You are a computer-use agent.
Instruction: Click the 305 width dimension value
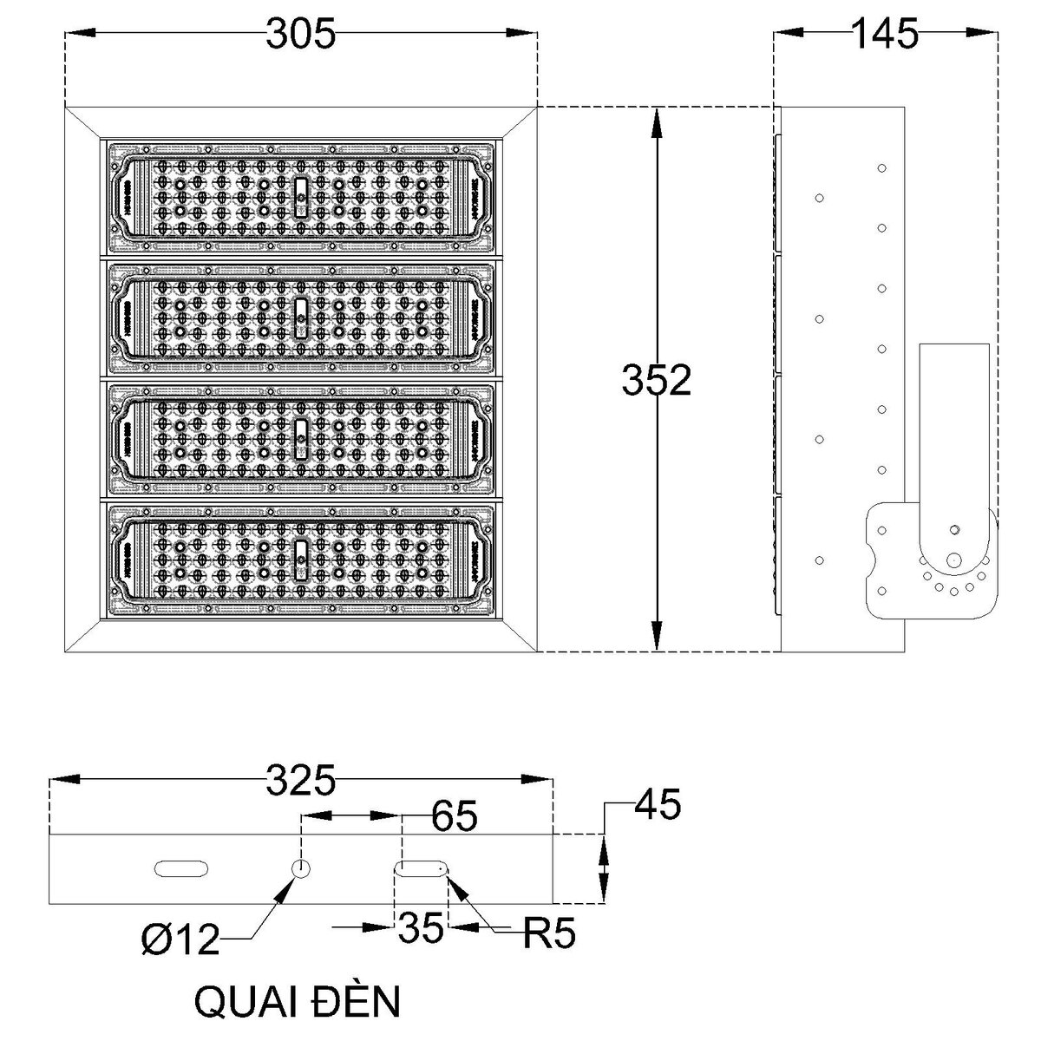pyautogui.click(x=300, y=35)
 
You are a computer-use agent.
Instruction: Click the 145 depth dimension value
pyautogui.click(x=883, y=35)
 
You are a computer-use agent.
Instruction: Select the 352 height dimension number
pyautogui.click(x=657, y=381)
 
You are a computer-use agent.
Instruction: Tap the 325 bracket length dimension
pyautogui.click(x=300, y=782)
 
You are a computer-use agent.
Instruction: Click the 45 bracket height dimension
pyautogui.click(x=657, y=804)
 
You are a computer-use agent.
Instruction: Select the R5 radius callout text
pyautogui.click(x=549, y=934)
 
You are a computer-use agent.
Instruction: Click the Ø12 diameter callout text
pyautogui.click(x=180, y=940)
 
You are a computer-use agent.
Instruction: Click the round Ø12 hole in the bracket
pyautogui.click(x=301, y=868)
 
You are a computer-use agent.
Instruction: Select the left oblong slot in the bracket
pyautogui.click(x=180, y=868)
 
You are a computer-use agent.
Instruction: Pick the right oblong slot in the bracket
pyautogui.click(x=422, y=868)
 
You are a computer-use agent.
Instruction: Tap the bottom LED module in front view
pyautogui.click(x=300, y=560)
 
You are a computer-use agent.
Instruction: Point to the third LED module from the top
pyautogui.click(x=300, y=440)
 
